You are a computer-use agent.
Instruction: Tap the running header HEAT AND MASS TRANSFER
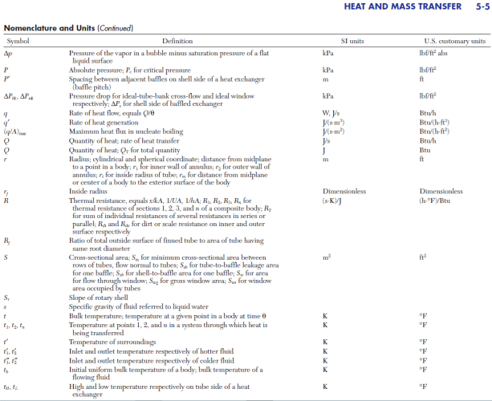(403, 9)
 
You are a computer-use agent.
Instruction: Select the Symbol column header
(18, 41)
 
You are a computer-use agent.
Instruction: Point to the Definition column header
(177, 41)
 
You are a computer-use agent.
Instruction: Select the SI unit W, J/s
(331, 113)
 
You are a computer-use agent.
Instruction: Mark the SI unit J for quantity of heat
(323, 149)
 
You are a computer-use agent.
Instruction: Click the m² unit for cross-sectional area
(327, 256)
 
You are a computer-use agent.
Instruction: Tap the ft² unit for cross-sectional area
(424, 256)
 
